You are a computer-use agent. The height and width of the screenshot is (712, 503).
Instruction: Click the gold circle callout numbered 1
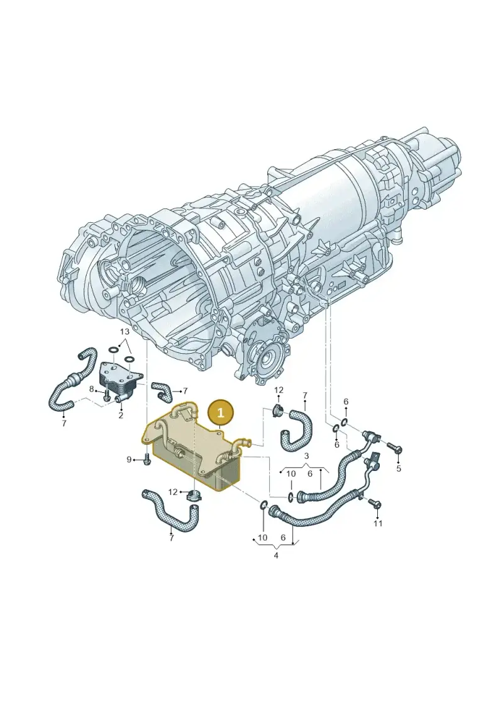pyautogui.click(x=221, y=413)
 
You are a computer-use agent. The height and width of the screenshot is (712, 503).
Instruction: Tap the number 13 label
pyautogui.click(x=124, y=331)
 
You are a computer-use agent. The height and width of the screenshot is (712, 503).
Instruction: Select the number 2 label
pyautogui.click(x=121, y=415)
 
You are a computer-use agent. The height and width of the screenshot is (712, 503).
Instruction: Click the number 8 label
pyautogui.click(x=92, y=389)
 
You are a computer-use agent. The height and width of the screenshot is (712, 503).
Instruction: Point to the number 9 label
pyautogui.click(x=129, y=460)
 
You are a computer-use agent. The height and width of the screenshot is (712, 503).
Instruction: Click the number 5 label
pyautogui.click(x=399, y=468)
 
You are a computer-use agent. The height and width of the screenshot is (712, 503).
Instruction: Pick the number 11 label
pyautogui.click(x=378, y=523)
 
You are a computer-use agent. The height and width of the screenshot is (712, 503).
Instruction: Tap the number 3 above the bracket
pyautogui.click(x=306, y=455)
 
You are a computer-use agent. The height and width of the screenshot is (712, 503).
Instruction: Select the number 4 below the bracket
pyautogui.click(x=276, y=555)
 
